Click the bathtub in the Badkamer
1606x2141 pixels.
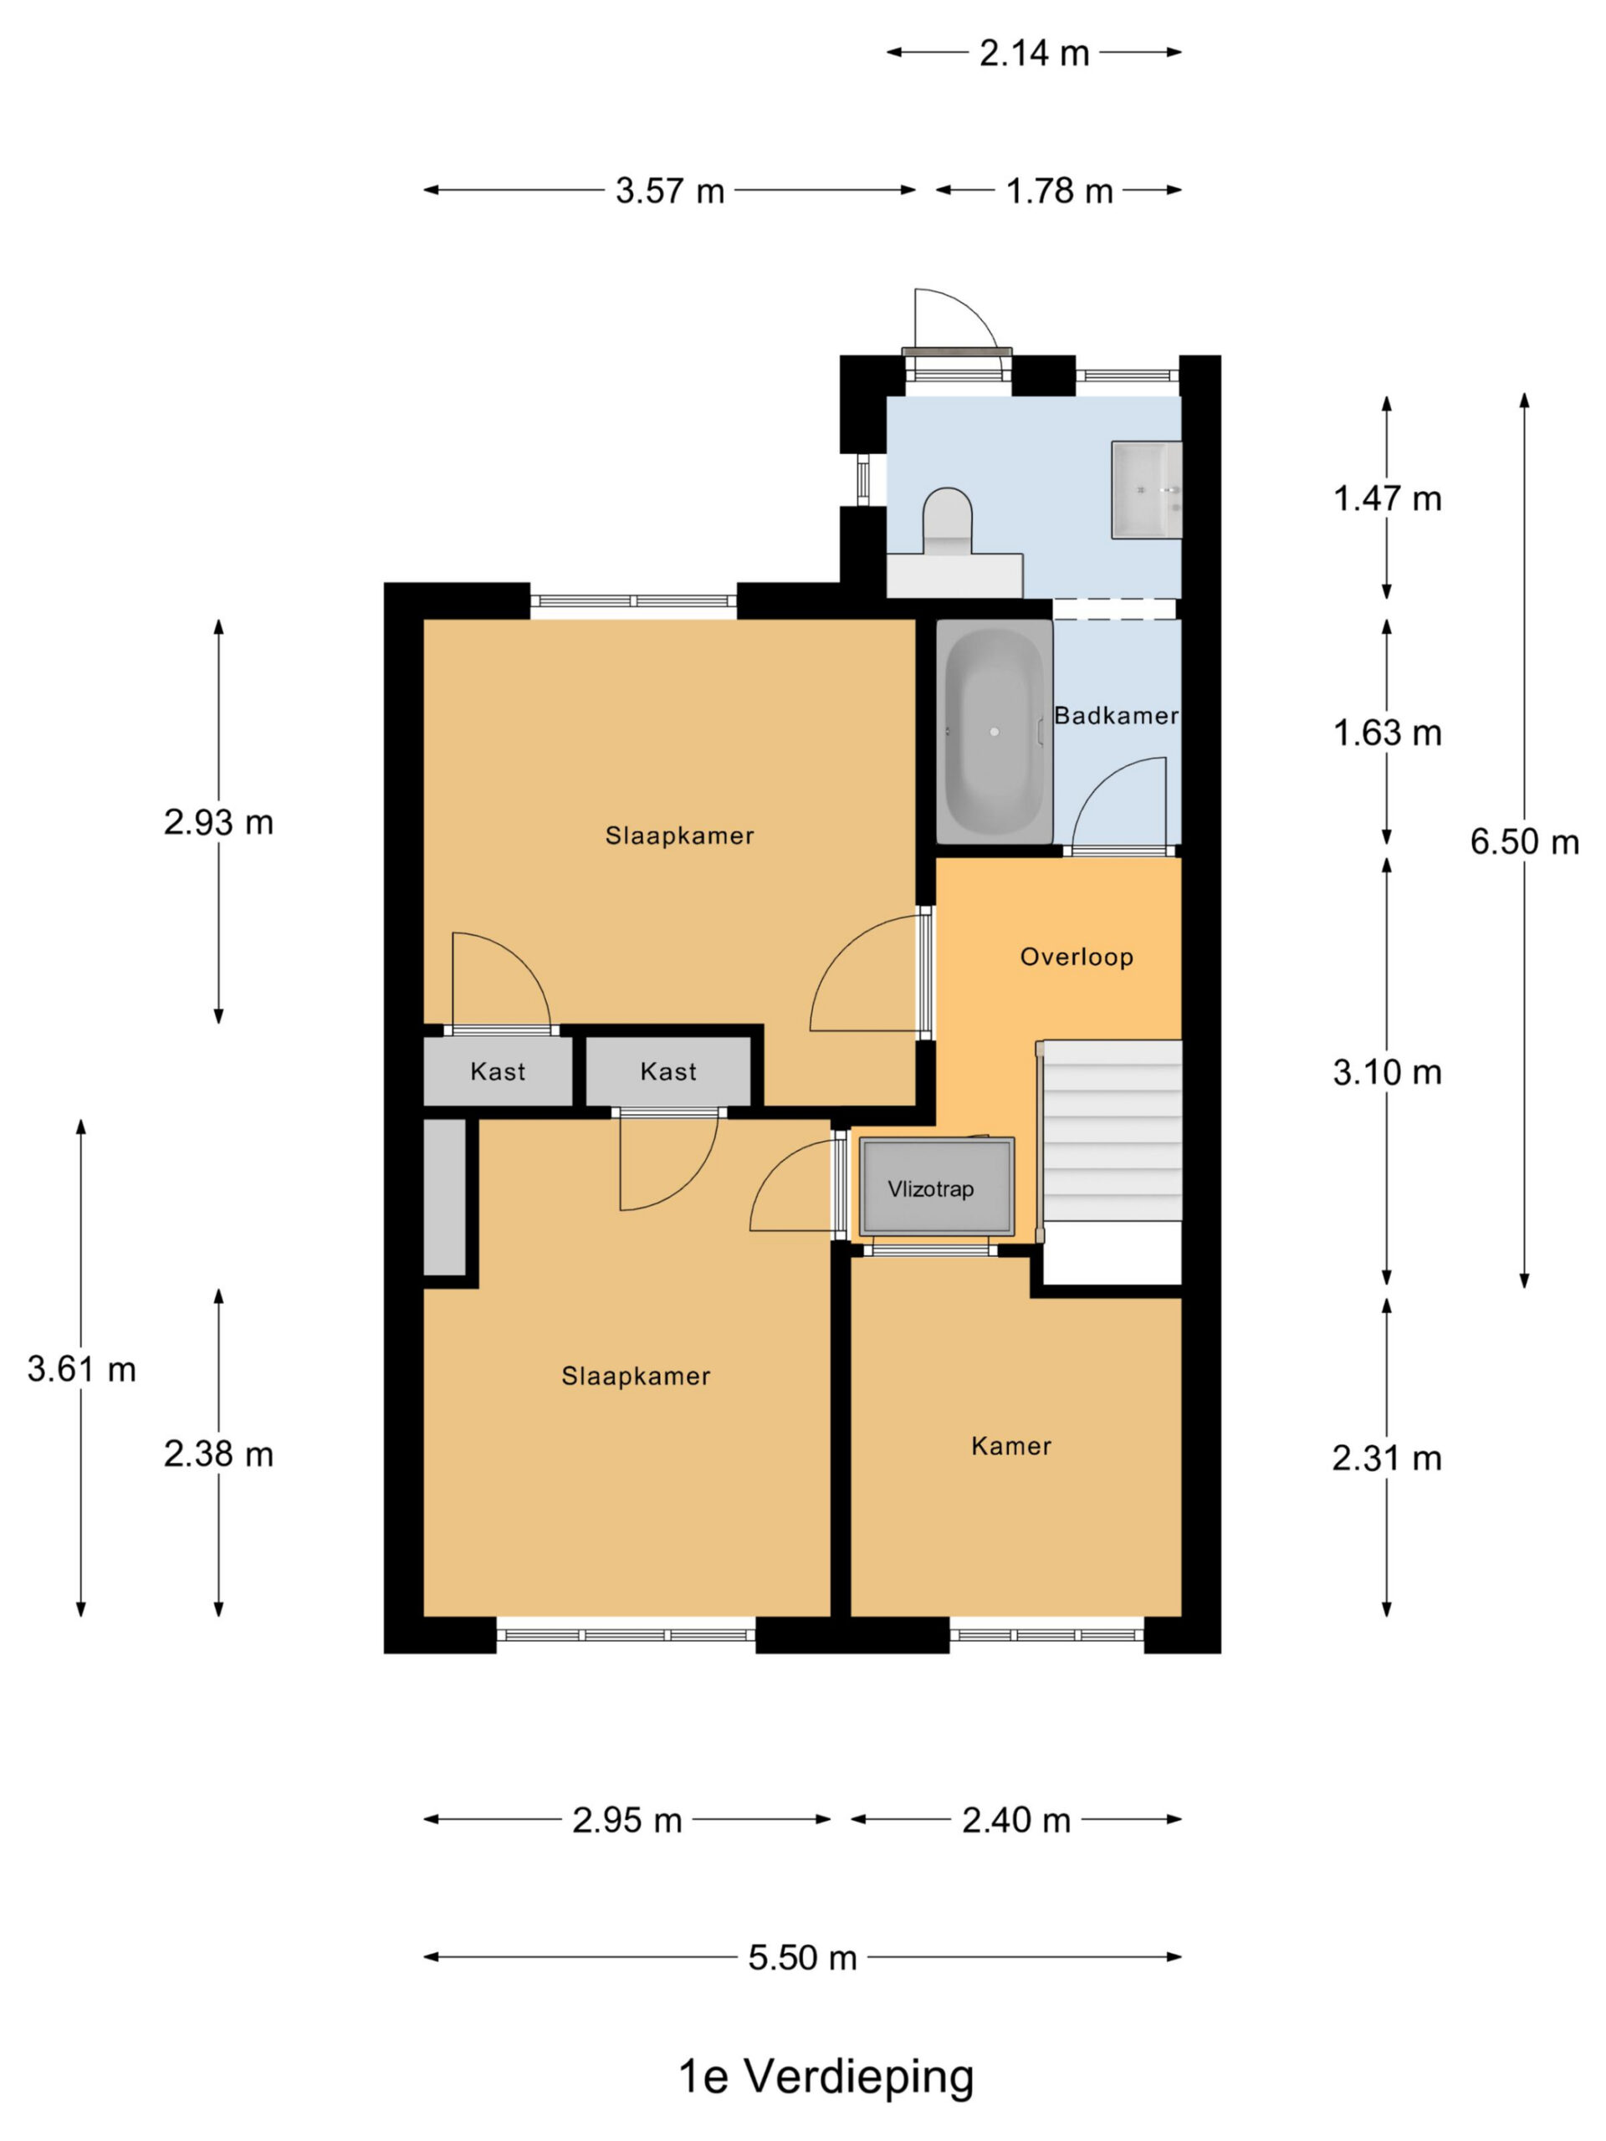click(x=993, y=731)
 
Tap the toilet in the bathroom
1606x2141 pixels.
click(x=947, y=522)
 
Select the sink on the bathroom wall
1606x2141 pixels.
click(x=1146, y=490)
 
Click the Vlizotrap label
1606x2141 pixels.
click(x=930, y=1188)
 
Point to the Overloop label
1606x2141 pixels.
click(x=1077, y=958)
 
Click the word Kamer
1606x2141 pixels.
click(x=1010, y=1446)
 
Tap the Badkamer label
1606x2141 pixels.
click(x=1116, y=716)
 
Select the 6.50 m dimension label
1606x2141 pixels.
click(x=1524, y=842)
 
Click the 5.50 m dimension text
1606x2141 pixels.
click(x=802, y=1958)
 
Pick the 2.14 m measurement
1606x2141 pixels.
click(x=1034, y=54)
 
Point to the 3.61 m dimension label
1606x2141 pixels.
click(x=81, y=1370)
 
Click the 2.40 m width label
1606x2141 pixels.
click(x=1016, y=1821)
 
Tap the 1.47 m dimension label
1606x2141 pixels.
click(x=1387, y=498)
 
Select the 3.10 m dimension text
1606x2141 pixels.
click(x=1387, y=1072)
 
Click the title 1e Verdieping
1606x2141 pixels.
click(x=826, y=2076)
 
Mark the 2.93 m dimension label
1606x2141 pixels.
click(x=219, y=823)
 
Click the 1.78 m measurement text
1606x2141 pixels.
click(x=1059, y=192)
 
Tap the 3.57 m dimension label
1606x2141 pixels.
click(x=670, y=192)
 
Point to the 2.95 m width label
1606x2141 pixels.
click(x=627, y=1821)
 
